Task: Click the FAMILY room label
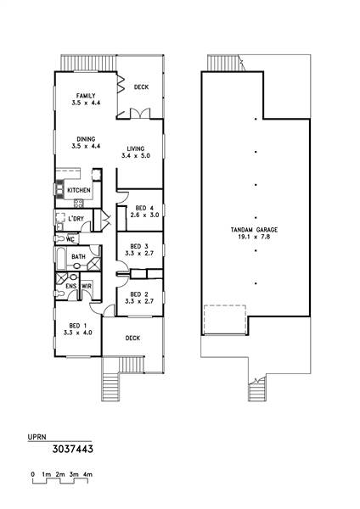coord(86,96)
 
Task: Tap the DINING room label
coord(86,139)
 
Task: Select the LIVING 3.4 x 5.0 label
coord(136,152)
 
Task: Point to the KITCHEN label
coord(79,190)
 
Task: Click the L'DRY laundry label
coord(76,219)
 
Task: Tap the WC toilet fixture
coord(59,239)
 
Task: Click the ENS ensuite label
coord(71,286)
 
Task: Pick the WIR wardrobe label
coord(87,286)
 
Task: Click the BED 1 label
coord(77,326)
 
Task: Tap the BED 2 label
coord(139,294)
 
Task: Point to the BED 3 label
coord(139,246)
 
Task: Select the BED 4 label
coord(144,208)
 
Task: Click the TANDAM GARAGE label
coord(254,230)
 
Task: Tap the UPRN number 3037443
coord(73,449)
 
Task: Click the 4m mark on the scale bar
coord(87,474)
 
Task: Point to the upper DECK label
coord(141,87)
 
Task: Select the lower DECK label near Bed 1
coord(132,338)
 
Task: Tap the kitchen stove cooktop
coord(79,204)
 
